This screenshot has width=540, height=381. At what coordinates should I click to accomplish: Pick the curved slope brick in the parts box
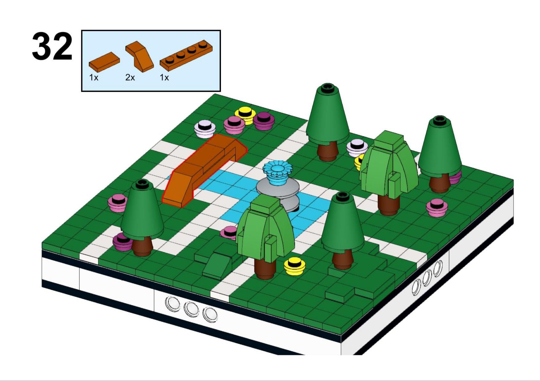pyautogui.click(x=139, y=55)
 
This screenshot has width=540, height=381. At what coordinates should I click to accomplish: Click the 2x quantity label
pyautogui.click(x=130, y=78)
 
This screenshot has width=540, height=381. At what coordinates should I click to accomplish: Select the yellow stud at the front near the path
pyautogui.click(x=294, y=266)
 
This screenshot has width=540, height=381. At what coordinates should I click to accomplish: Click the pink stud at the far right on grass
pyautogui.click(x=437, y=208)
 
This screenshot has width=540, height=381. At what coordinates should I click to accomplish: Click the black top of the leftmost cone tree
pyautogui.click(x=142, y=184)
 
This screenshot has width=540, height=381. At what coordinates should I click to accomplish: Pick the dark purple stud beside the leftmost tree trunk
pyautogui.click(x=122, y=242)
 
